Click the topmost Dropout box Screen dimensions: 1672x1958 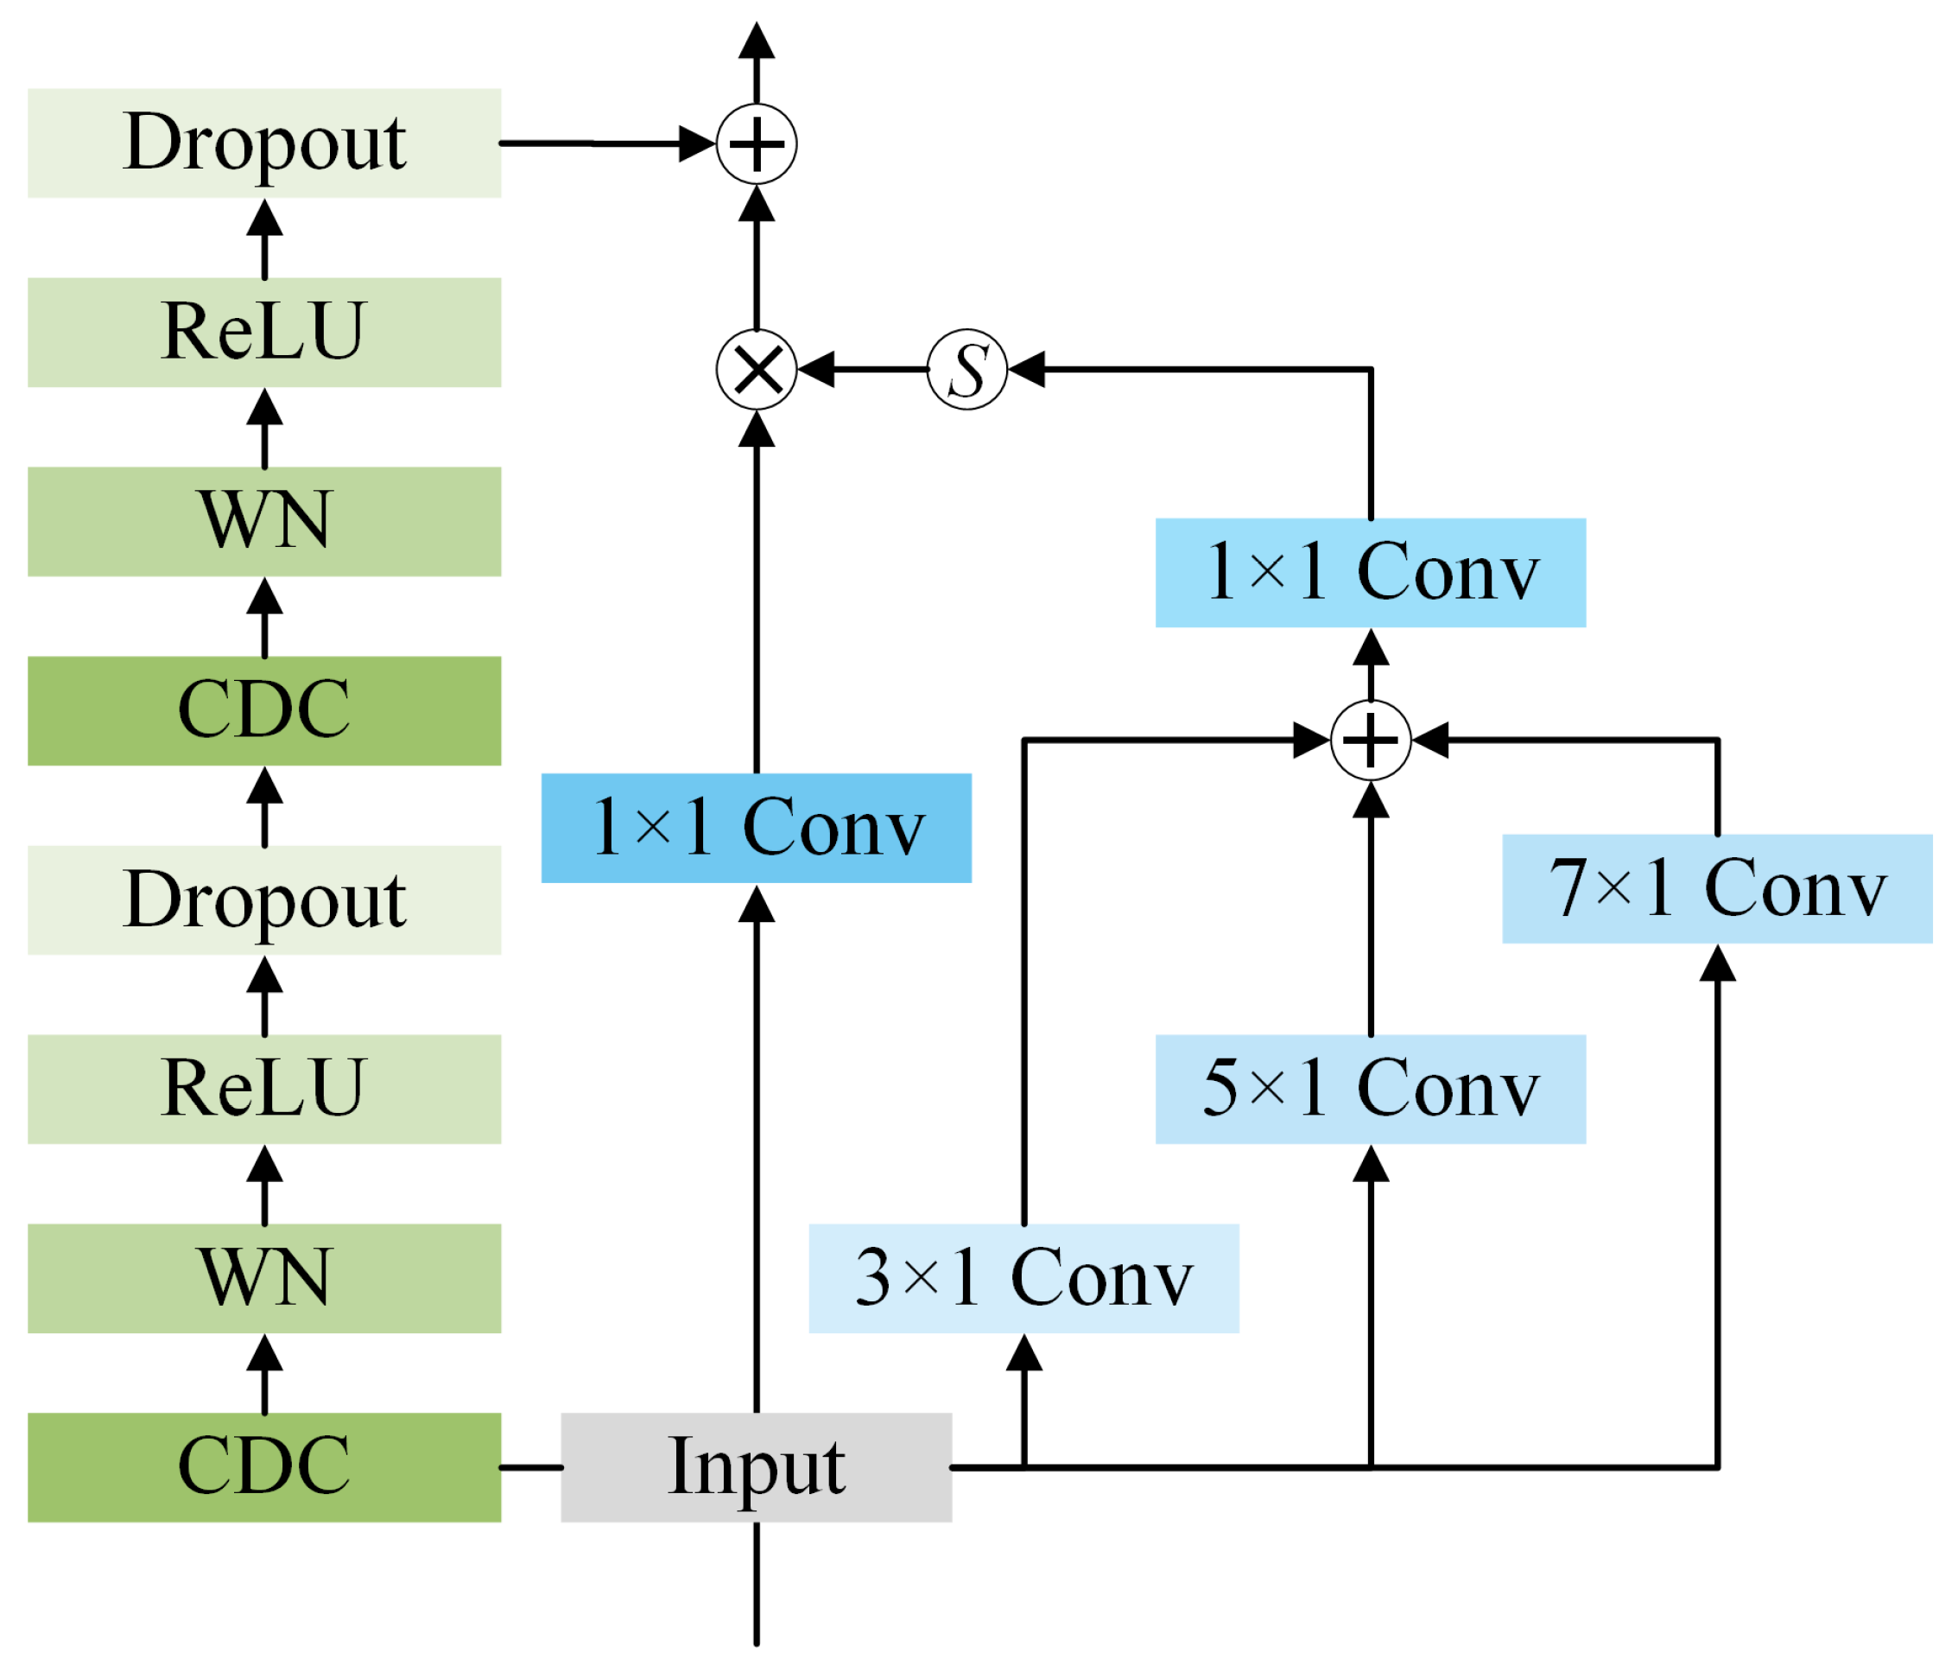click(x=263, y=143)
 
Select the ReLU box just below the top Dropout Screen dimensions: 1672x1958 click(x=263, y=332)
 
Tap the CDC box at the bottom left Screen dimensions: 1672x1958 click(x=263, y=1467)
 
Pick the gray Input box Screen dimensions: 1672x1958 click(x=756, y=1467)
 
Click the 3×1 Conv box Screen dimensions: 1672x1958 click(x=1023, y=1278)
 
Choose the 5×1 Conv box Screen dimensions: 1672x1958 click(x=1370, y=1089)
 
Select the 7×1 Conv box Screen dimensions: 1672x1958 click(x=1717, y=888)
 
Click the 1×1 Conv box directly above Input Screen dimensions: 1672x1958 click(x=756, y=828)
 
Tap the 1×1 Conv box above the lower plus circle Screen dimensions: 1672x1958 click(x=1370, y=573)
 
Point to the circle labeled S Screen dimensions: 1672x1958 click(x=967, y=369)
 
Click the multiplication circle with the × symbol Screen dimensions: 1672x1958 click(x=756, y=369)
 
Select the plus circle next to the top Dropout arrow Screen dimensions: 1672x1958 click(x=756, y=143)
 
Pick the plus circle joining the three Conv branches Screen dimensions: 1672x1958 click(x=1370, y=740)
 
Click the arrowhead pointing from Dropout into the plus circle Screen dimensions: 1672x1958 click(x=697, y=143)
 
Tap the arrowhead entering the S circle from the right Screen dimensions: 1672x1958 click(x=1027, y=369)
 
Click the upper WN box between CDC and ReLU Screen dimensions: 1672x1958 click(x=263, y=521)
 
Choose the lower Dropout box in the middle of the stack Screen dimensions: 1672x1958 click(x=263, y=900)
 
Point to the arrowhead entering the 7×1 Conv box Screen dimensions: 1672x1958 click(x=1717, y=964)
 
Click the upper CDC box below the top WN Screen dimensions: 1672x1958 click(x=263, y=711)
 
